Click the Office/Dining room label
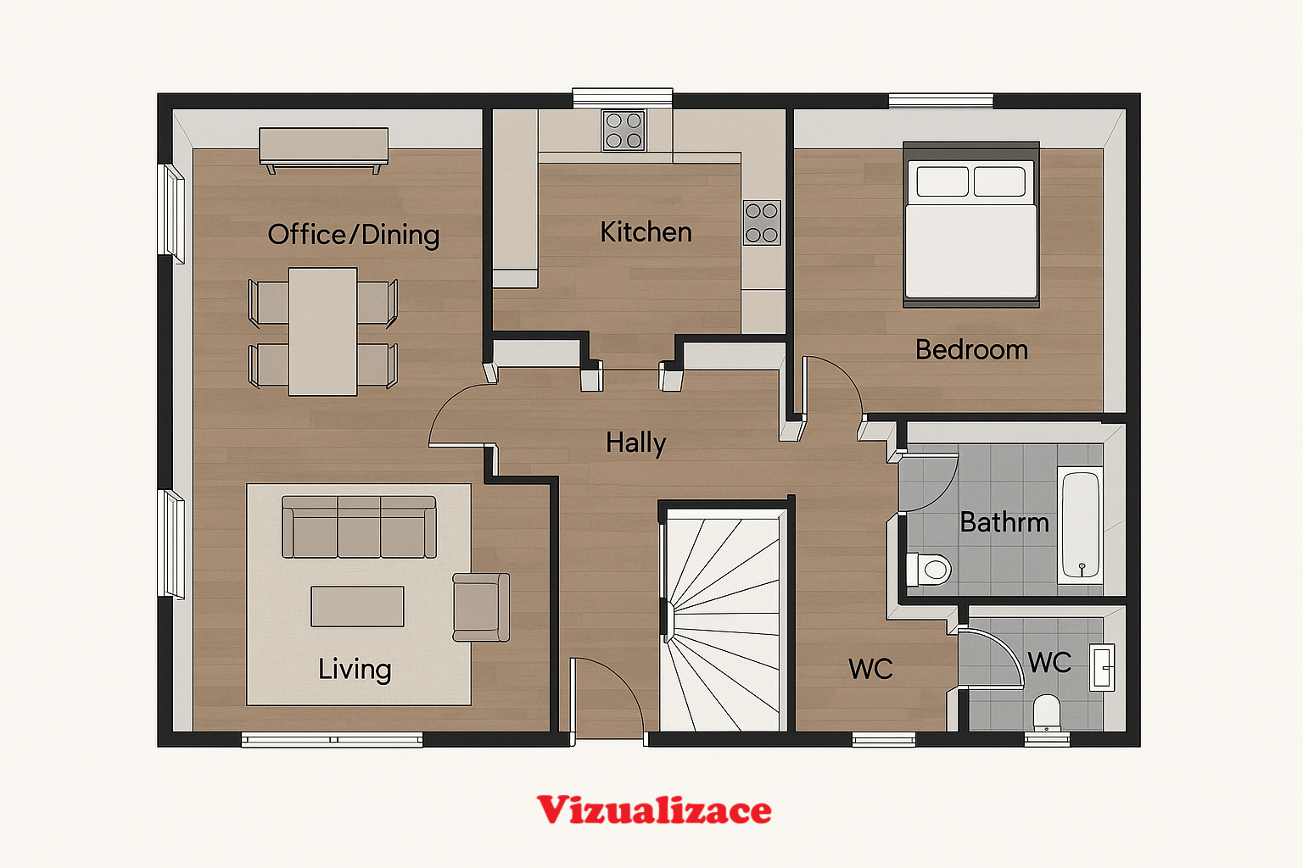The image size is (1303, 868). point(353,236)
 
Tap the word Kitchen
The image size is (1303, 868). point(646,232)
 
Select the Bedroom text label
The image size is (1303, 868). point(971,350)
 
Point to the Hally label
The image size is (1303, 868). point(635,443)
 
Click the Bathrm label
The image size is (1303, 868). point(1004,522)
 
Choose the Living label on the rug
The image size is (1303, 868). point(355,670)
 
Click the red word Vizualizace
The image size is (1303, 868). point(654,810)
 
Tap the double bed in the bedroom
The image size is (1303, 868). point(970,225)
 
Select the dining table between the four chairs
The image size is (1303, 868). point(323,331)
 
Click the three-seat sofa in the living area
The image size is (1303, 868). point(359,526)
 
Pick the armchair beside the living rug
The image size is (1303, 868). point(481,607)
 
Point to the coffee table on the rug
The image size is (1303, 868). point(357,606)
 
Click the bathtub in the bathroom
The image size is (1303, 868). point(1080,525)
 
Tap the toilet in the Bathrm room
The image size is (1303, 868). point(929,569)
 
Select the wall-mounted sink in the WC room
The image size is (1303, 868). point(1102,667)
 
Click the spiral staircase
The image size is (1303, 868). point(723,620)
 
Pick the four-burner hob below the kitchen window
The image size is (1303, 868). point(624,131)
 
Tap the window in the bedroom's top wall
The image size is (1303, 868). point(941,101)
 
